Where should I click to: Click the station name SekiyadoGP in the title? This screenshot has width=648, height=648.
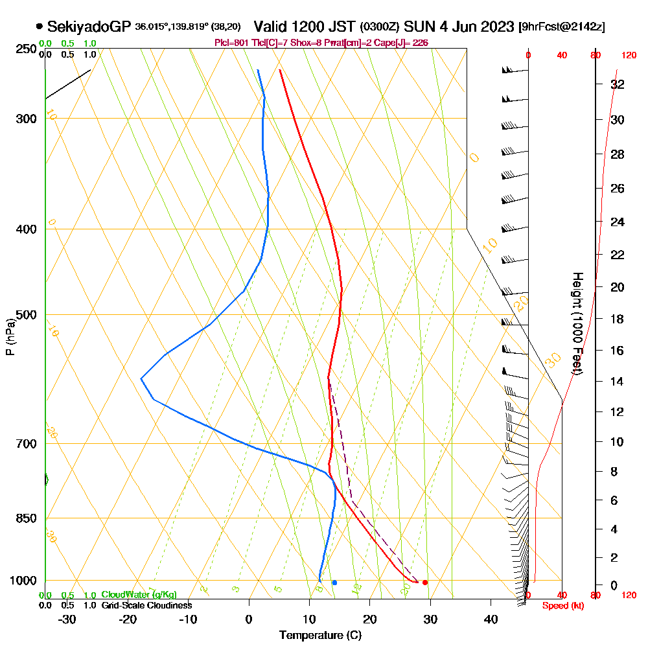click(89, 27)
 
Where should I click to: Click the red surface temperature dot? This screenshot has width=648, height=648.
click(424, 583)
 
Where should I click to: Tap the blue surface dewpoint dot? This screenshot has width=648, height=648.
click(334, 583)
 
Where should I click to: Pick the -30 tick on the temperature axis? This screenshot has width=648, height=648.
click(68, 619)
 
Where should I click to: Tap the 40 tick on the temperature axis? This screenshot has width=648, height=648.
click(491, 619)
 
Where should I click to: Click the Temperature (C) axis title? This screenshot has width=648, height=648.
click(320, 635)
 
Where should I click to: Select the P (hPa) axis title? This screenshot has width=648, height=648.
click(10, 337)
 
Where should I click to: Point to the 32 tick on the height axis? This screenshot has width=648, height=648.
click(618, 84)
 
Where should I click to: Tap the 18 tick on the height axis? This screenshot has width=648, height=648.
click(618, 319)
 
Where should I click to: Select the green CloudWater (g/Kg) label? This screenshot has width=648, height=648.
click(139, 595)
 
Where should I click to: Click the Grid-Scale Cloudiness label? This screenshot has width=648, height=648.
click(146, 605)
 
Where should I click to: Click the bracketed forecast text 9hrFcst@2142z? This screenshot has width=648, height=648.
click(562, 27)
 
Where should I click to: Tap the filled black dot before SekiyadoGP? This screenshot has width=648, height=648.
click(40, 27)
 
